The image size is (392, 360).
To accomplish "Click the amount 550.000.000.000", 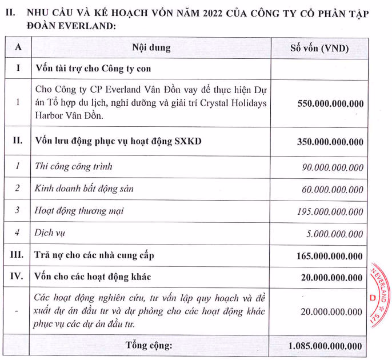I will pos(330,104).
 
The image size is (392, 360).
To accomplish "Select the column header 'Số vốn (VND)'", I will pos(319,48).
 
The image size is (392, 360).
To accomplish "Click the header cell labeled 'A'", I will pos(18,48).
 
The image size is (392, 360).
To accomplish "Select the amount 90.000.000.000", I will pos(333,167).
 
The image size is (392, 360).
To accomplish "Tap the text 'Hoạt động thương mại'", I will pos(79,211).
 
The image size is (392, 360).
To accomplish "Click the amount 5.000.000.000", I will pos(335,233).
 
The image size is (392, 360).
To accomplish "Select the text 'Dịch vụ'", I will pos(51,233).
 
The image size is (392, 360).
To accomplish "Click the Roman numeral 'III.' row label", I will pos(18,255).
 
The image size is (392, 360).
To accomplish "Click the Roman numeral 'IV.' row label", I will pos(18,277).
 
